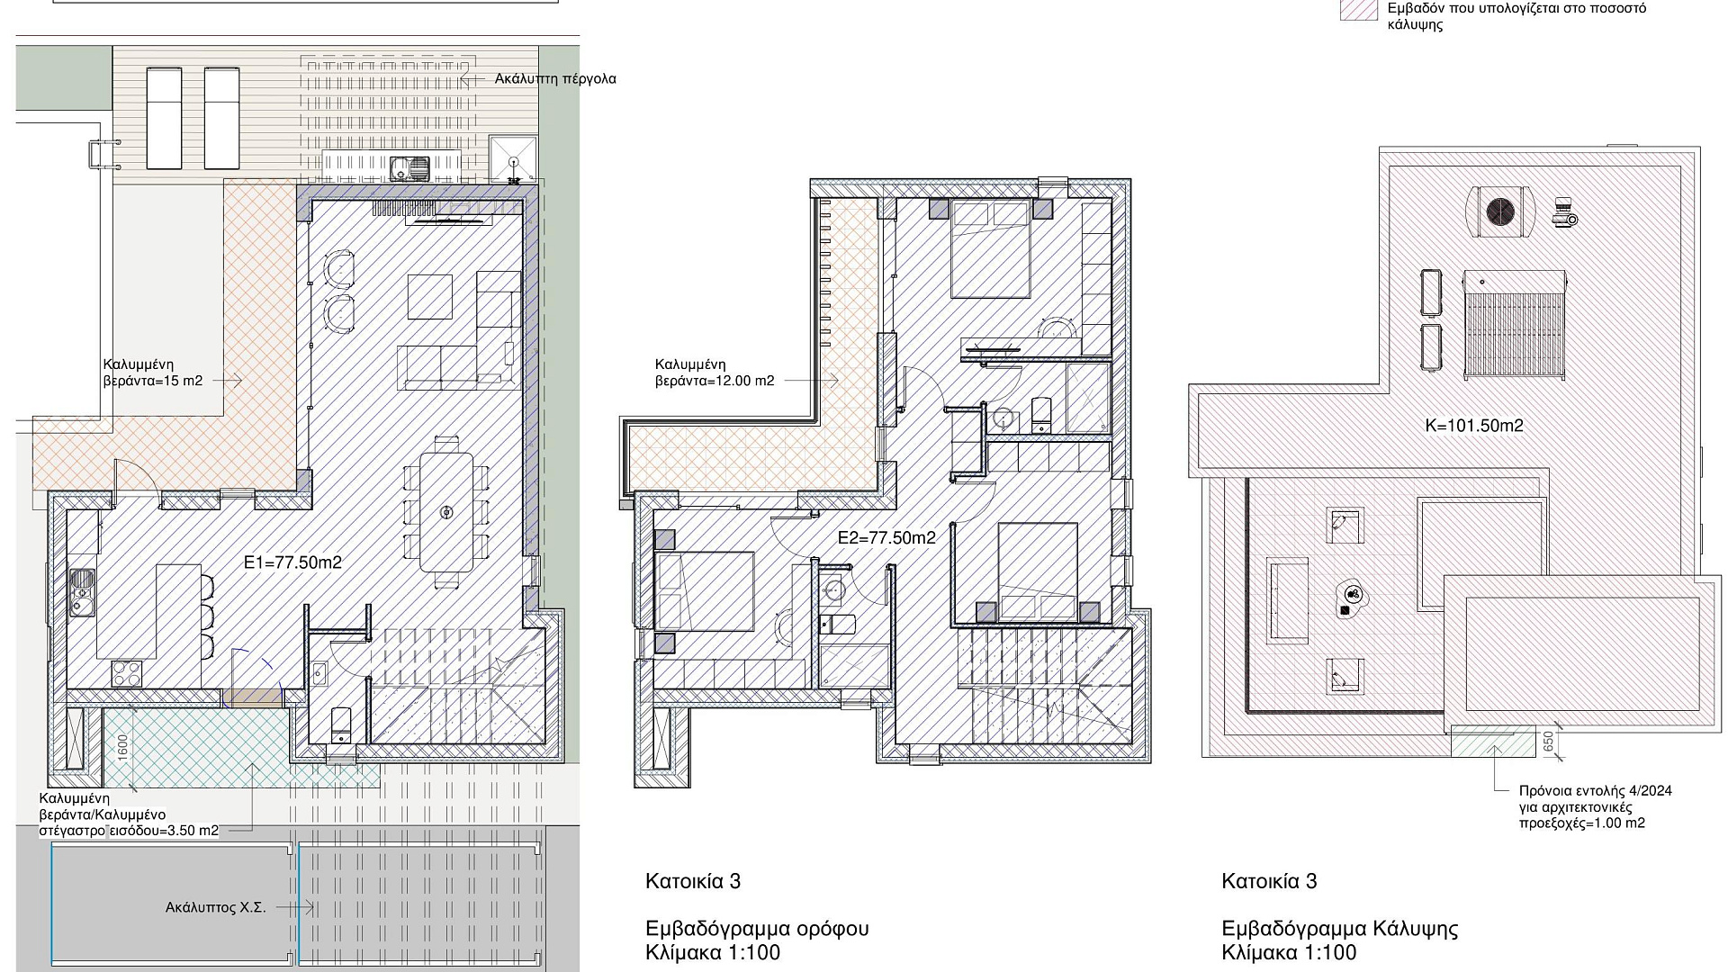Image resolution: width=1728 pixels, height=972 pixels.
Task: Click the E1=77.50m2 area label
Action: click(293, 562)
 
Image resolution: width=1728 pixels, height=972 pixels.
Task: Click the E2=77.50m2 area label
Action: click(886, 538)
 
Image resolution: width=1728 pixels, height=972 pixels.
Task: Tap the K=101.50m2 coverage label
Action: click(1474, 426)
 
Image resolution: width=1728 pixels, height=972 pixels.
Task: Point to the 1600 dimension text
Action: click(122, 747)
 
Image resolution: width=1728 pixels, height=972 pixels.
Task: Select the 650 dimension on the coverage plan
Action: click(1548, 742)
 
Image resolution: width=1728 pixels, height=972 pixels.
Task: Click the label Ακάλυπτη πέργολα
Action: click(555, 79)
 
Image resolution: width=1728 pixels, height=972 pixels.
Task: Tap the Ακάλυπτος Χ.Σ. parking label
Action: click(216, 907)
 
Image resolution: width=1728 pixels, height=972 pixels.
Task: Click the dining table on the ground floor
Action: click(447, 512)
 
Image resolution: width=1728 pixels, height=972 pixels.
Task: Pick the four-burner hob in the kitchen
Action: click(126, 673)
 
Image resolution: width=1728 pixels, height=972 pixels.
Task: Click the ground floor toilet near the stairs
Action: click(341, 724)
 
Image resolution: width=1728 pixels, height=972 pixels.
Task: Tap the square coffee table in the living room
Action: click(430, 296)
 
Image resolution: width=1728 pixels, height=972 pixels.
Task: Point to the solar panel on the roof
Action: click(1516, 324)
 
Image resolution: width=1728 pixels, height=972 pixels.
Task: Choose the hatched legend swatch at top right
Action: click(1359, 10)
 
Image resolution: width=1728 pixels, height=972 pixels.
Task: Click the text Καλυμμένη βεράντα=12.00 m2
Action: click(715, 373)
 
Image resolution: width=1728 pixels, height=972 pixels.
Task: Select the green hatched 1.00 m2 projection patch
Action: click(1492, 741)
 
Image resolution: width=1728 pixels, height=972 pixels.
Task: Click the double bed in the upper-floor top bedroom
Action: click(991, 249)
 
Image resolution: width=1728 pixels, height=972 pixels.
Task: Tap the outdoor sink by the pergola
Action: click(410, 166)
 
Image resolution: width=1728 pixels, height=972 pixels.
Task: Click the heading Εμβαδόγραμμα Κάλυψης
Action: click(1340, 929)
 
